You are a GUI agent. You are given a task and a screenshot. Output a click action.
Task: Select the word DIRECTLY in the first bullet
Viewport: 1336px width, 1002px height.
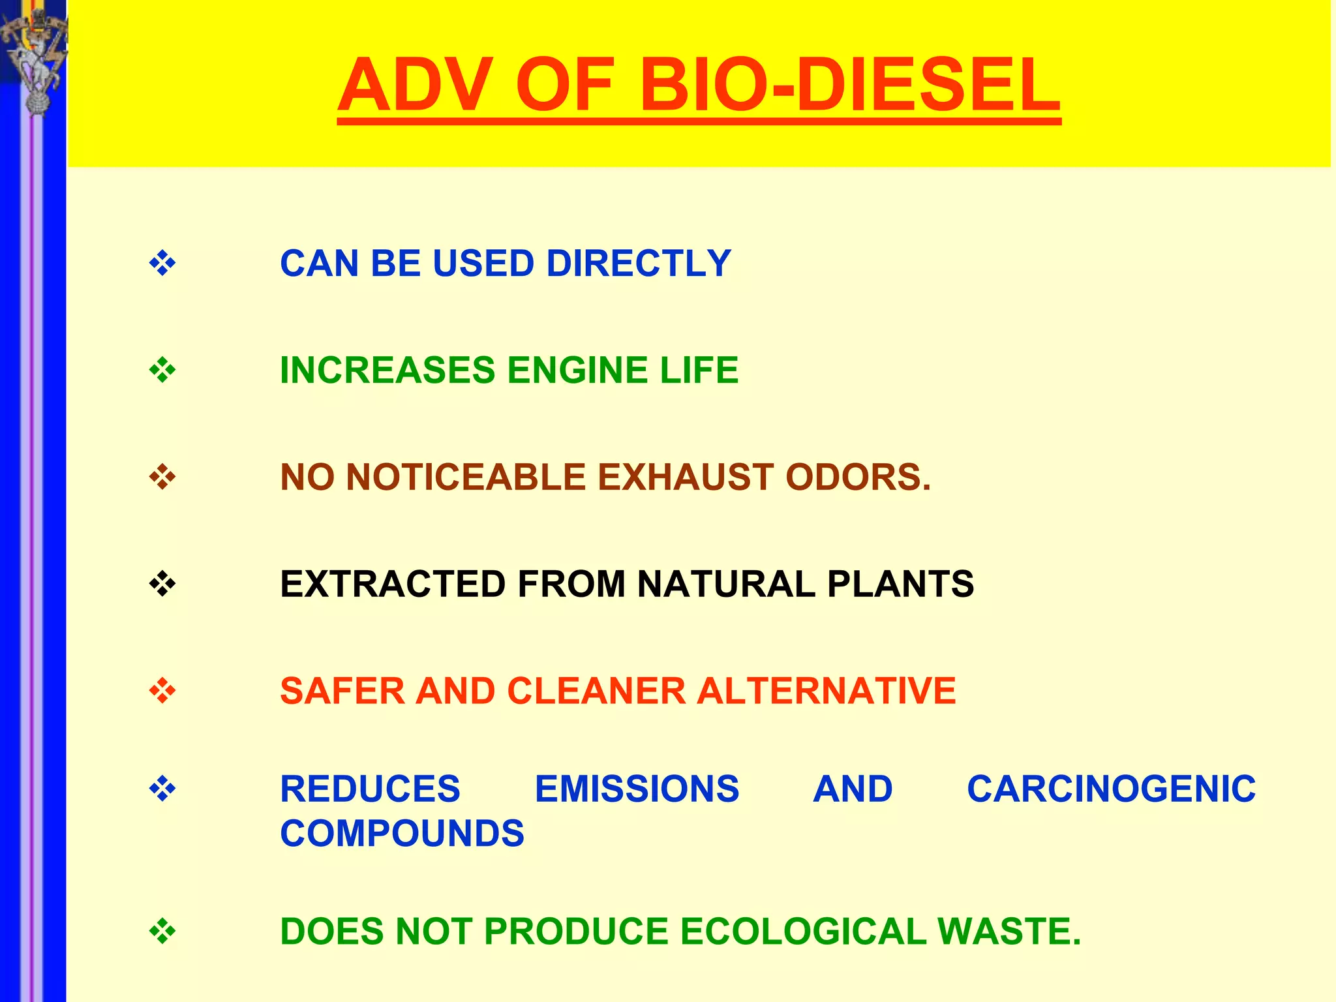tap(638, 264)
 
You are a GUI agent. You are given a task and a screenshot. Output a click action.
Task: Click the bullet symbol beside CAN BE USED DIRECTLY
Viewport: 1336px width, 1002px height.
tap(162, 264)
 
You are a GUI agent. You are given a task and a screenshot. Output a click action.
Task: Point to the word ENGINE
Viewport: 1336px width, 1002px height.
tap(577, 371)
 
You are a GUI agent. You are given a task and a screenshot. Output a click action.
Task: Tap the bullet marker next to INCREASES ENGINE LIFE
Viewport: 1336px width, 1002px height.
tap(162, 371)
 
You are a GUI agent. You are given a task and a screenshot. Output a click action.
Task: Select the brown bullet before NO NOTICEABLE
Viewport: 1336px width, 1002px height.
tap(162, 477)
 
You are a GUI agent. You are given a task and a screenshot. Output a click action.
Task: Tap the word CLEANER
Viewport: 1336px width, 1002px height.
tap(596, 691)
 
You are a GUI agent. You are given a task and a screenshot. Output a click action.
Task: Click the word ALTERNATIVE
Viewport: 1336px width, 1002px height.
tap(826, 691)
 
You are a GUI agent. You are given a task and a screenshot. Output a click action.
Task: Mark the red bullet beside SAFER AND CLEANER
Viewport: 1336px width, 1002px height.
tap(162, 691)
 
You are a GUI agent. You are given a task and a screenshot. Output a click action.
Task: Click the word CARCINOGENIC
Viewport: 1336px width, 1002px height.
tap(1111, 789)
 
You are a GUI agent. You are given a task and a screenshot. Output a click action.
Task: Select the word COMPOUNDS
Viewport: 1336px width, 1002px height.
tap(402, 834)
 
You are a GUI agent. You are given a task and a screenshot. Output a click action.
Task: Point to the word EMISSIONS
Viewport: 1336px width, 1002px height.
tap(637, 789)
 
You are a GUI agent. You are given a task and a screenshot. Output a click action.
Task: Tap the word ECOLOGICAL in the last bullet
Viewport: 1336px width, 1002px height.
tap(803, 931)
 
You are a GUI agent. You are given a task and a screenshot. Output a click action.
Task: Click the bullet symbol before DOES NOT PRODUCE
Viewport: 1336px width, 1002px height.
tap(162, 931)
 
